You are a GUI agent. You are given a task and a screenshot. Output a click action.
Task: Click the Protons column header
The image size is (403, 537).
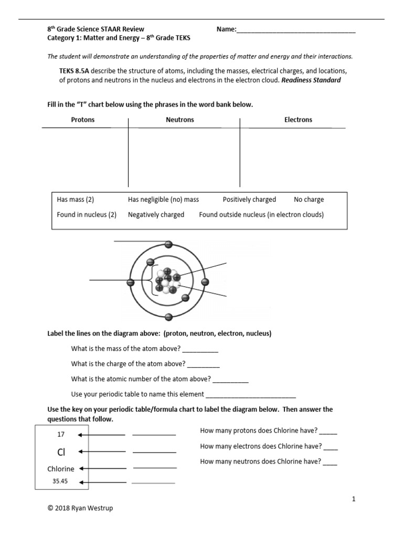click(x=83, y=120)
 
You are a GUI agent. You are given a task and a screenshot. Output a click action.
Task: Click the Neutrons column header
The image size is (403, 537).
click(x=179, y=120)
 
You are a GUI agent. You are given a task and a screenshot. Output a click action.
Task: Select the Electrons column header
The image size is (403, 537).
click(x=298, y=120)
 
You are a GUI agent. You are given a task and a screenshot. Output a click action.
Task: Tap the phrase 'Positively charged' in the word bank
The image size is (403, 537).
click(x=249, y=199)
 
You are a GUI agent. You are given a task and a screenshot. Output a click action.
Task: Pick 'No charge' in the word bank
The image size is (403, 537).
click(x=309, y=199)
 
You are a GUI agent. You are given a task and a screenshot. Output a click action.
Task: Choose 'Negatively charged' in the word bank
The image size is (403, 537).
click(x=156, y=214)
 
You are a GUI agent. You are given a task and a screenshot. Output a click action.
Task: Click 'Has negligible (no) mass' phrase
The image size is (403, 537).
click(x=163, y=199)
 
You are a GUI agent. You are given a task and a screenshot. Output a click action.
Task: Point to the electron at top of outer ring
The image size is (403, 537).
click(x=168, y=244)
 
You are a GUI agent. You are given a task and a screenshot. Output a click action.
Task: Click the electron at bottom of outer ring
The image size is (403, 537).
click(x=168, y=317)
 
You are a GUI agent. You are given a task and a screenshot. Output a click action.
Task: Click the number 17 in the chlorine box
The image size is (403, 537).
click(x=60, y=435)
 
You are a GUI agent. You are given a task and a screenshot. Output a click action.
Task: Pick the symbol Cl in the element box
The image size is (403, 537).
click(x=61, y=452)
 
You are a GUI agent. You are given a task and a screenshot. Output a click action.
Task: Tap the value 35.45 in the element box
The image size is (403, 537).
click(x=60, y=480)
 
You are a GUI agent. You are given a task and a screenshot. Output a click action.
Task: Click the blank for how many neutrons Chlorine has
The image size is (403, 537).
click(x=330, y=462)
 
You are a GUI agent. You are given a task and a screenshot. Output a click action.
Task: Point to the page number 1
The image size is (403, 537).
click(x=354, y=499)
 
